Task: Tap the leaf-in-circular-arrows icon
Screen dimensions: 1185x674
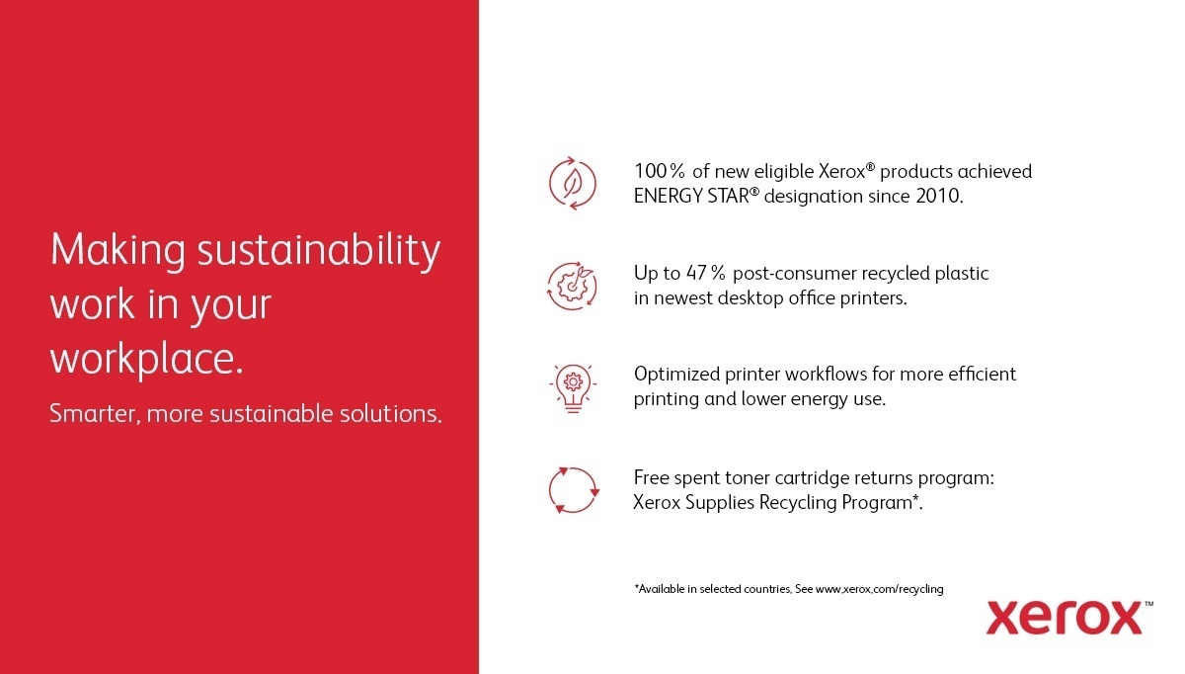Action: click(x=573, y=184)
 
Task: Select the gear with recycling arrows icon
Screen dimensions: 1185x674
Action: click(x=573, y=286)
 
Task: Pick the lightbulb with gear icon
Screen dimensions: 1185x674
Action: click(x=573, y=388)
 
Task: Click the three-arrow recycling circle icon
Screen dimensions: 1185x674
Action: click(x=574, y=490)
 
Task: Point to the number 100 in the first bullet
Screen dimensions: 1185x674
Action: click(x=651, y=172)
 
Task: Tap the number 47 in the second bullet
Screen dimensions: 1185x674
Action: click(x=696, y=273)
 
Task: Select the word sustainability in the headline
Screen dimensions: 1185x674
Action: click(x=319, y=251)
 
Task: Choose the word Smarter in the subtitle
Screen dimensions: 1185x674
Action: click(x=93, y=413)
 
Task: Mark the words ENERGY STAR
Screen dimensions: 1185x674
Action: click(x=691, y=196)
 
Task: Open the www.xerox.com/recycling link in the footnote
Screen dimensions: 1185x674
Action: click(x=879, y=589)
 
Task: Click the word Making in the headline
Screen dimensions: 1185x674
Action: click(x=118, y=251)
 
